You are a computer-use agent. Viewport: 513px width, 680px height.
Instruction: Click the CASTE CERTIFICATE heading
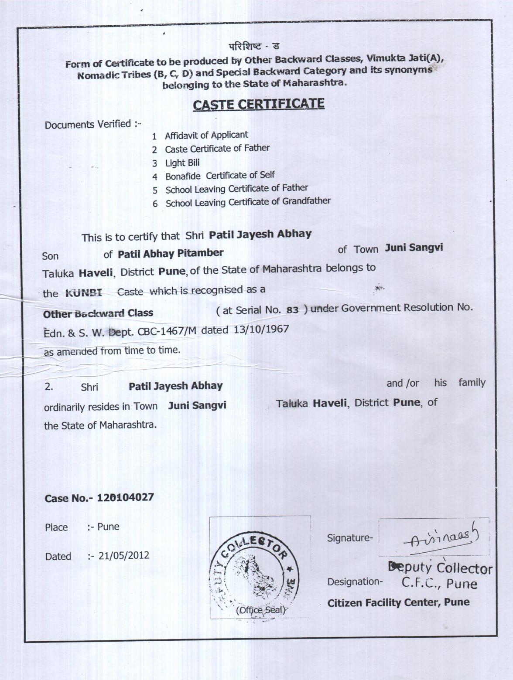click(x=259, y=105)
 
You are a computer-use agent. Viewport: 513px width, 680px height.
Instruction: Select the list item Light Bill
click(x=182, y=163)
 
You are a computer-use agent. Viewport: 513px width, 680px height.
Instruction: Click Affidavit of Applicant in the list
click(x=206, y=136)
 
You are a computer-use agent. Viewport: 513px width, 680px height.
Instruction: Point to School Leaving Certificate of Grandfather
click(x=248, y=202)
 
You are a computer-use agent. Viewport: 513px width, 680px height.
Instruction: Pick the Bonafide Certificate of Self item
click(x=220, y=176)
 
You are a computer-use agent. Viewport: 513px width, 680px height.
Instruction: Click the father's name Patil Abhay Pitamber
click(x=171, y=253)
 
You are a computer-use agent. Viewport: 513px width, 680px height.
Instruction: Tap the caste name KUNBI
click(x=83, y=293)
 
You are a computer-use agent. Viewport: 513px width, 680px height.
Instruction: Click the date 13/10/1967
click(x=261, y=329)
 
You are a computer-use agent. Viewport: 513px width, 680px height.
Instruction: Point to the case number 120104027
click(x=125, y=497)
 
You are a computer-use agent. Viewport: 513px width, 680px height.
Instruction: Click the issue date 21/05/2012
click(x=124, y=556)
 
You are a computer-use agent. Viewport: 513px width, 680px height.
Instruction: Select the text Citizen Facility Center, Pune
click(x=398, y=603)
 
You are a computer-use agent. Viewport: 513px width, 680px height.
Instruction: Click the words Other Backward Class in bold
click(x=98, y=313)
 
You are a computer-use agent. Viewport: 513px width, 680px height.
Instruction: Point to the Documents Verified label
click(x=93, y=124)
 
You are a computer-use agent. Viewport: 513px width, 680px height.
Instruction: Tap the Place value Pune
click(x=108, y=527)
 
